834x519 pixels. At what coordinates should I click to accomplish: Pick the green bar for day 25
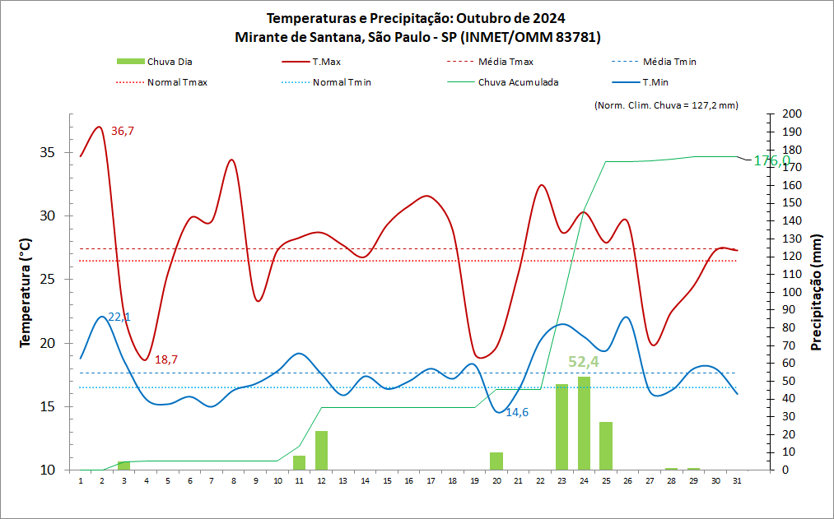[606, 445]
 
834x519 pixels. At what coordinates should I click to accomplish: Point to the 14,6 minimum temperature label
[517, 412]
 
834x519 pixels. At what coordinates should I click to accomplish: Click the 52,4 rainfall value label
[584, 362]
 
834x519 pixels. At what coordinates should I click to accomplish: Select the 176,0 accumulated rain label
[772, 160]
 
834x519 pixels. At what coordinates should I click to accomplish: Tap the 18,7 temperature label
[166, 359]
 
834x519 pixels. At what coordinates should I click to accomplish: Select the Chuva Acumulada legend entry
[518, 82]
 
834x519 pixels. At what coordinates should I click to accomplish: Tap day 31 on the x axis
[737, 480]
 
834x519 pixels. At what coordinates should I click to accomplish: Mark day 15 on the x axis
[387, 480]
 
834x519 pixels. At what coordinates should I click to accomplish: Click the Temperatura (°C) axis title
[25, 292]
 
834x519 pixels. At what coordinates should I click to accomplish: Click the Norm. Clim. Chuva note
[665, 105]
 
